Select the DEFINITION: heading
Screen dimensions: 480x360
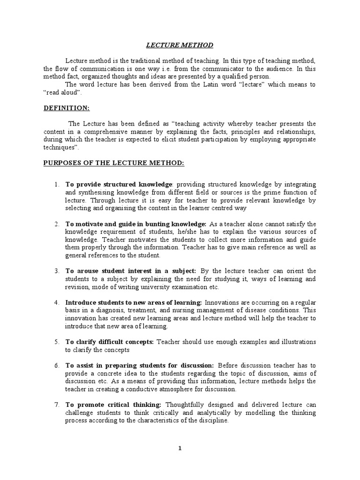tap(67, 108)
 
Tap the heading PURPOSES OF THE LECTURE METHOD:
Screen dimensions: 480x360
tap(114, 163)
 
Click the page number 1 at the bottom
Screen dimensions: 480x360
tap(180, 448)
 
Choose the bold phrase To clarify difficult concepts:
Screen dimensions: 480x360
tap(110, 342)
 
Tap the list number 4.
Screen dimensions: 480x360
tap(56, 302)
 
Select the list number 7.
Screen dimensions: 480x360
tap(56, 405)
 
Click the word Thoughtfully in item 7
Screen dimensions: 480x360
tap(185, 405)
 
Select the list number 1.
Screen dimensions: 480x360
tap(56, 184)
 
